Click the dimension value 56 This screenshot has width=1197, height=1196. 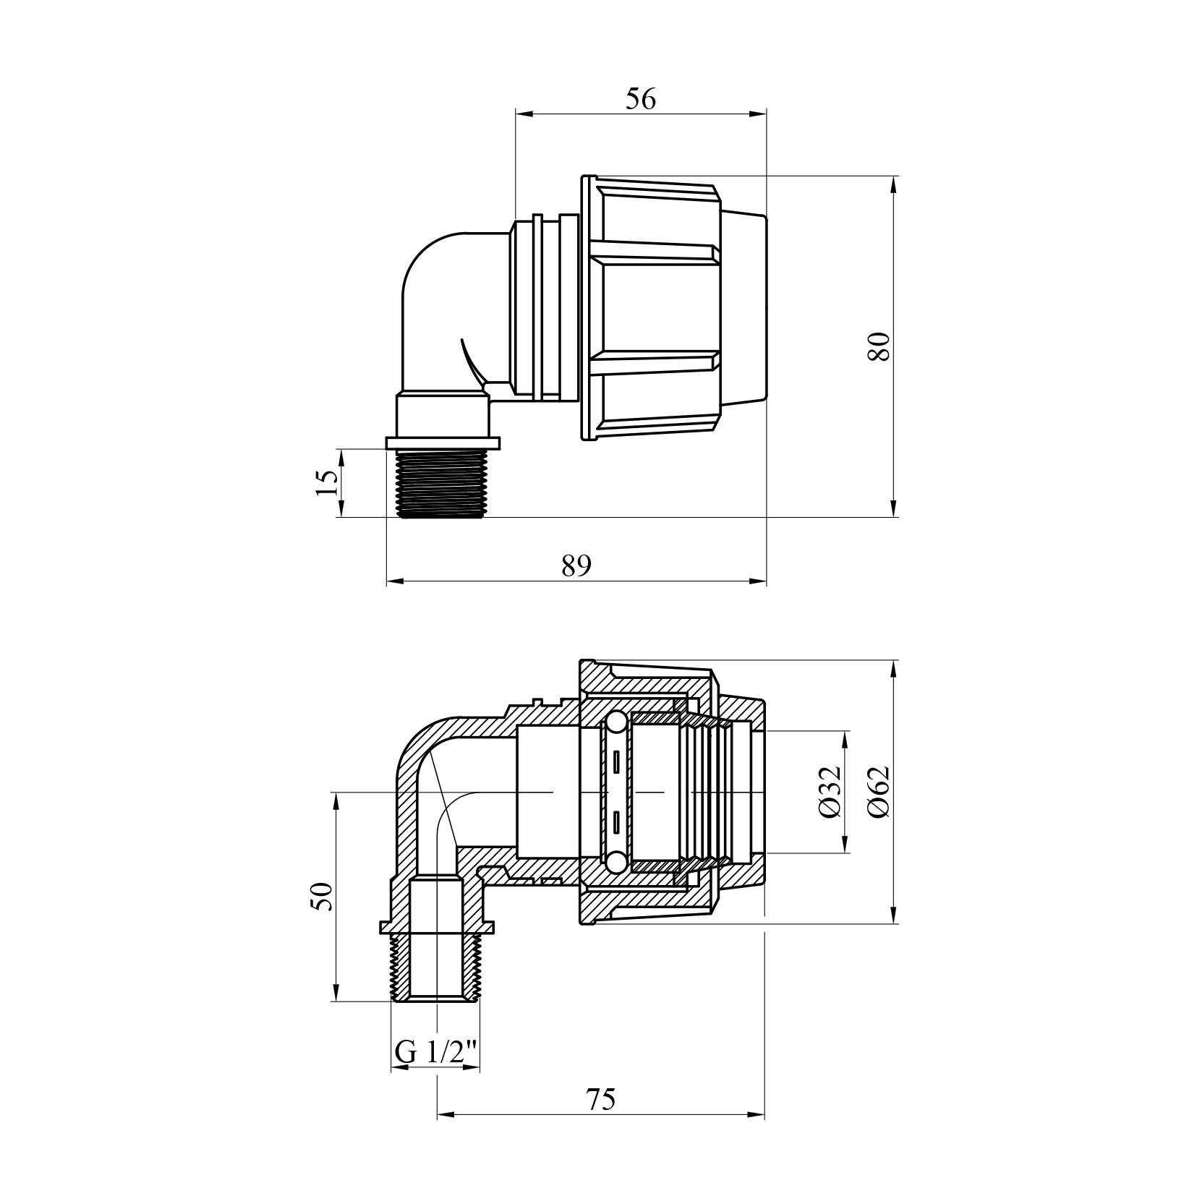641,99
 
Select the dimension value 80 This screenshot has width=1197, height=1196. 879,347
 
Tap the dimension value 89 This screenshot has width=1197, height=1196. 576,565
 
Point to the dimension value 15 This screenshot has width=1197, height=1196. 327,482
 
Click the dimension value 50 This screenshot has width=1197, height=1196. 323,897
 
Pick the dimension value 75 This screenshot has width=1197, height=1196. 601,1119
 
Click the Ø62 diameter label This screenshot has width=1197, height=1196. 879,792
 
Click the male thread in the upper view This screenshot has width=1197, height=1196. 441,483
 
